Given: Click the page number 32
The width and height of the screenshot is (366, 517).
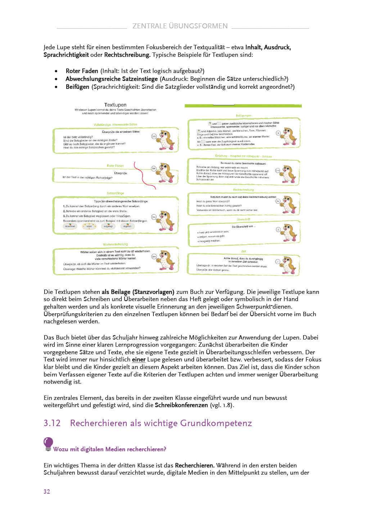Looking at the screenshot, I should point(47,491).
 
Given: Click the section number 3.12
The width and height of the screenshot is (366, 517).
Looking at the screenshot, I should point(52,423).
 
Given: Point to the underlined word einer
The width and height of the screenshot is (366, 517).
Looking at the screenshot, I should point(139,360).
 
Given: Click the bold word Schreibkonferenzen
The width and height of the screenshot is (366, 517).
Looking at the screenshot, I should point(181,405).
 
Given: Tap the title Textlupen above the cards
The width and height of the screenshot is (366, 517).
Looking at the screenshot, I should point(115,105).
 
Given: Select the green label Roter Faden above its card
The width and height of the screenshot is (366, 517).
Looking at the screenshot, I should point(115,166).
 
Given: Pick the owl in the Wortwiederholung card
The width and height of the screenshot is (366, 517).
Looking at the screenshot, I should point(167,260).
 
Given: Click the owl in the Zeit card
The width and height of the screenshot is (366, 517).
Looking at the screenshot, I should point(289,265).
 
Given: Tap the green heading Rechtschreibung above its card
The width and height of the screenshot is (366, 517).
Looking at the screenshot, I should point(243,190).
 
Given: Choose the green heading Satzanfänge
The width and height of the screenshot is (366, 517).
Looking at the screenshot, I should point(115,193).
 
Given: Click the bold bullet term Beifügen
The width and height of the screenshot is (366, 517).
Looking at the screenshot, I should point(77,87).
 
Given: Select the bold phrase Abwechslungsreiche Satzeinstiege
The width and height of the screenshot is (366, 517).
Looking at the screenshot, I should point(112,79).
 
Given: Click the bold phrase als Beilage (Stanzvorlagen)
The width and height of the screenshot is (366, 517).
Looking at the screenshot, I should point(138,292).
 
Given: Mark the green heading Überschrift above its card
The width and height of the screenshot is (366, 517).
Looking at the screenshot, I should point(243,219).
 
